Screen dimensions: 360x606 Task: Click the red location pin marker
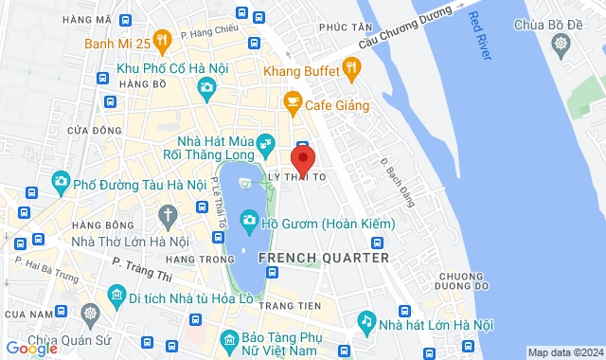coord(302,157)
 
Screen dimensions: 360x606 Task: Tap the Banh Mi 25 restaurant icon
coord(162,41)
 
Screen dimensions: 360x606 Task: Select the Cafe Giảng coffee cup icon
coord(292,100)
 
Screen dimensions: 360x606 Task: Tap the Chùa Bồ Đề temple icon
coord(562,45)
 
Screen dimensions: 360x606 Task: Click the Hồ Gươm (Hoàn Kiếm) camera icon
coord(249,220)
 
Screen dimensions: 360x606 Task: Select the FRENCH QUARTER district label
coord(323,257)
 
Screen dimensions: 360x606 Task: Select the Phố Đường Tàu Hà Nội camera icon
coord(61,180)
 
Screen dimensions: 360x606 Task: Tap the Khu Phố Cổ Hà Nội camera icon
coord(206,89)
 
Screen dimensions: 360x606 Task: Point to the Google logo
coord(31,349)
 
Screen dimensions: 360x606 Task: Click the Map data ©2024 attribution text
coord(564,353)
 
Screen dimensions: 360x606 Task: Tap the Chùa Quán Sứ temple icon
coord(89,314)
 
